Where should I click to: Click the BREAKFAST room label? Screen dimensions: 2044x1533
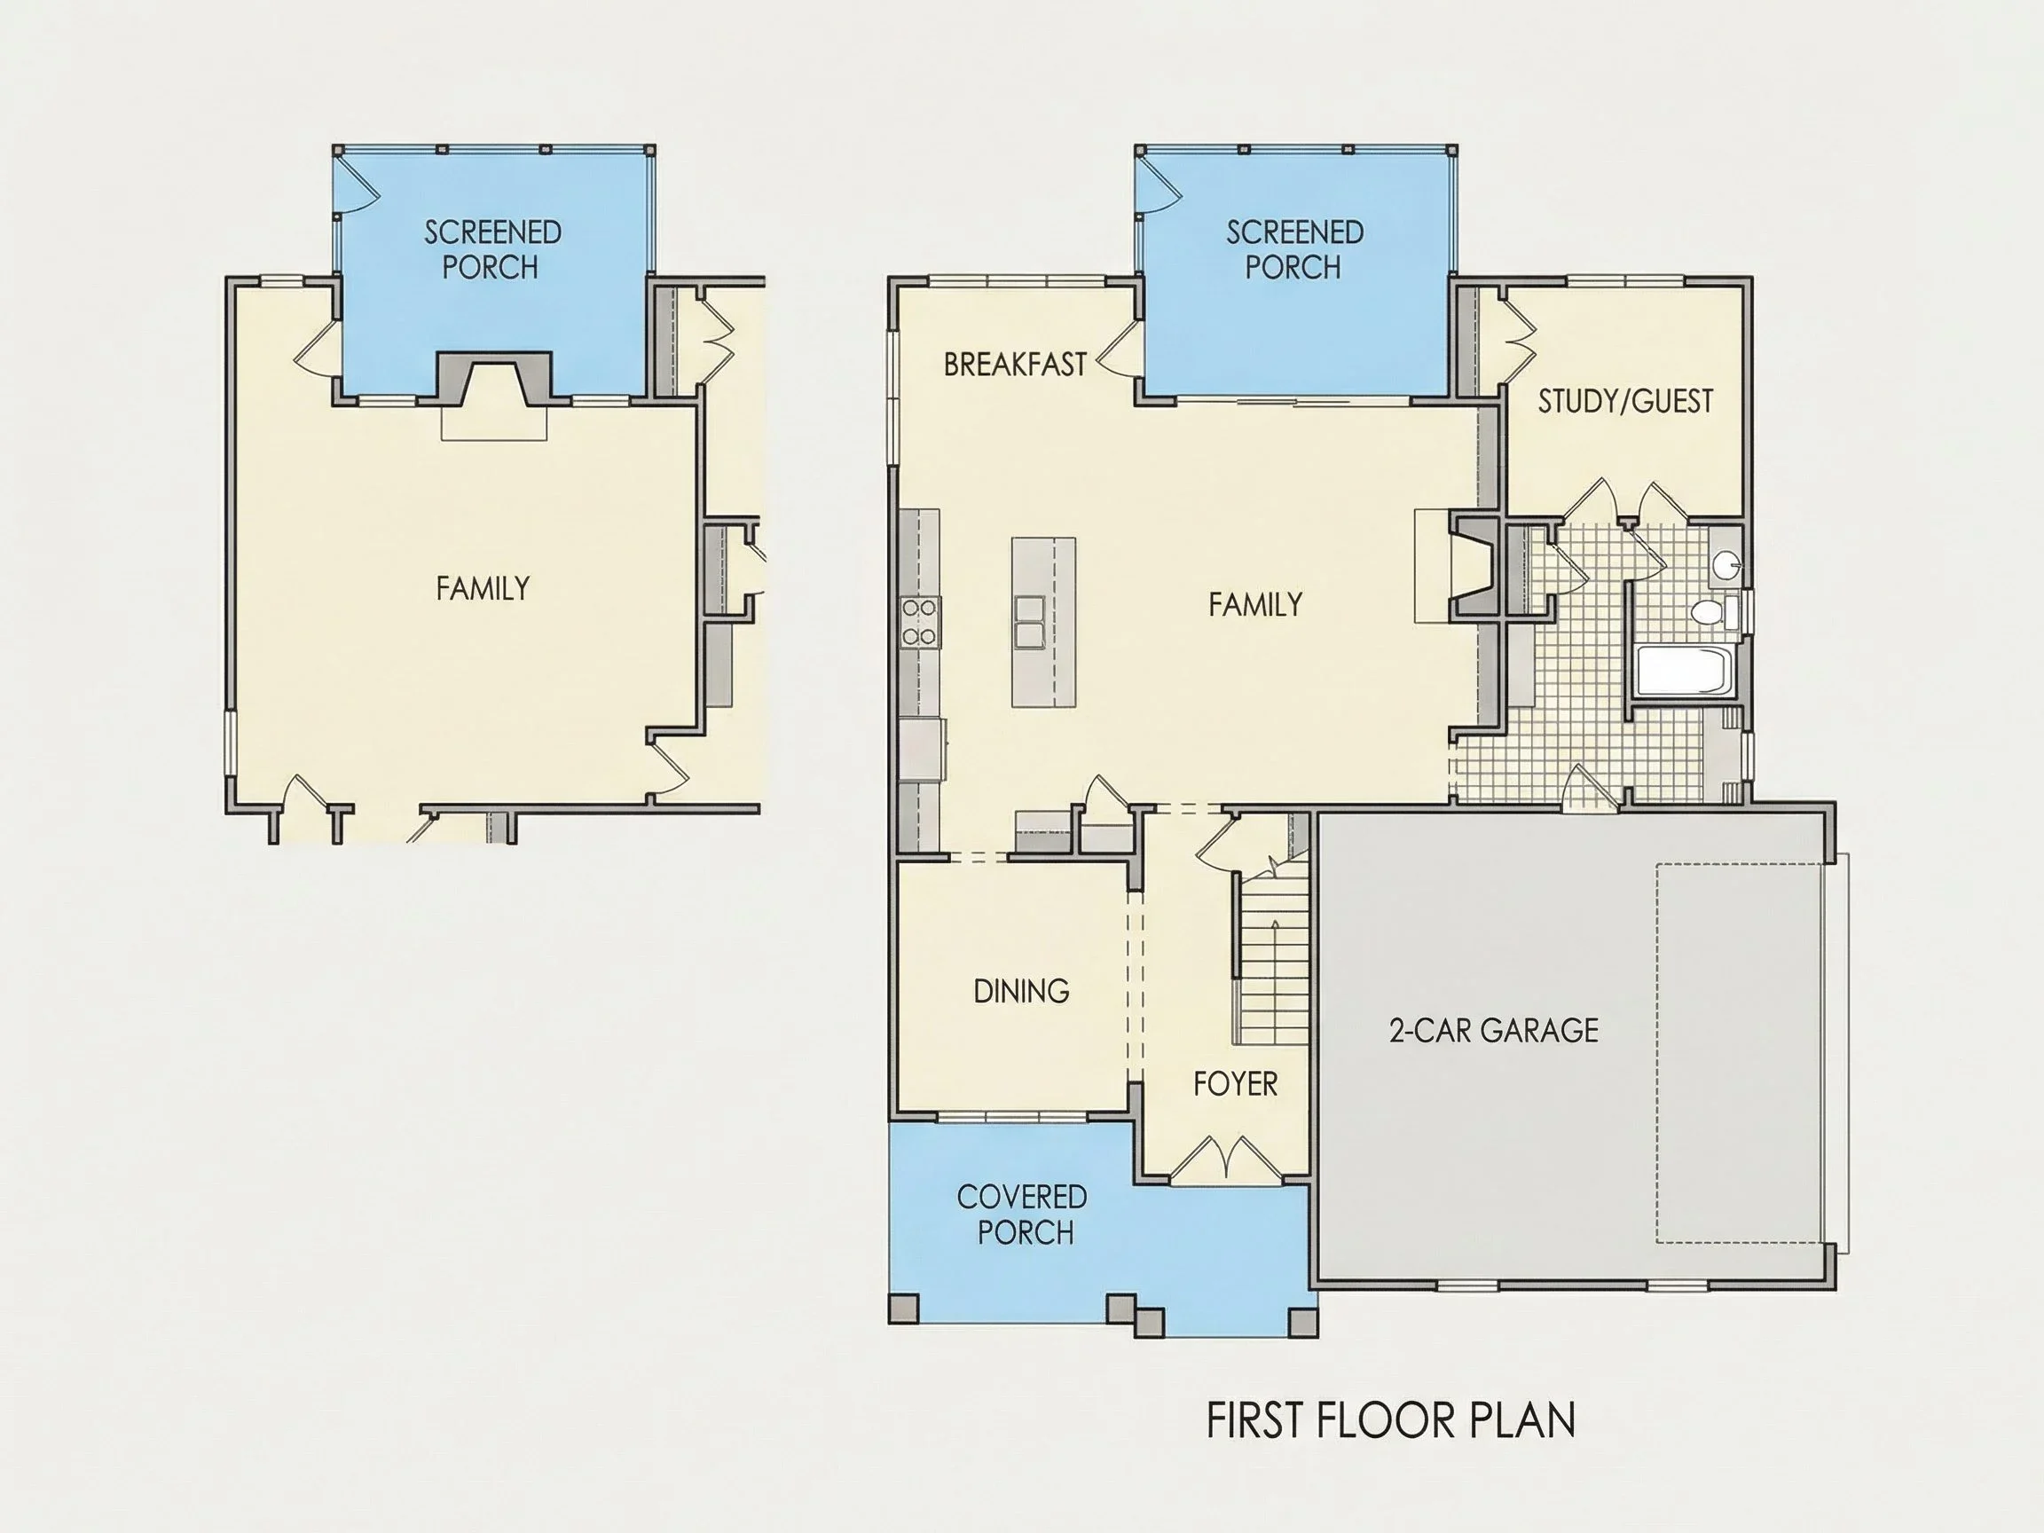click(x=1015, y=365)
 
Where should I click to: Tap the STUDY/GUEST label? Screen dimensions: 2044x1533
click(x=1624, y=401)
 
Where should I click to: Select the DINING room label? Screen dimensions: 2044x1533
click(x=1021, y=992)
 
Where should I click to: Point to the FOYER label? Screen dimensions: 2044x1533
click(x=1236, y=1084)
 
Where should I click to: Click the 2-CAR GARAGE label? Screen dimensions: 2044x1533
click(x=1493, y=1030)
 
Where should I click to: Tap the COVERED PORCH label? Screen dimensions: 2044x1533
click(x=1022, y=1215)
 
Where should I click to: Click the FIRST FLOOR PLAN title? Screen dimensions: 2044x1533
click(x=1391, y=1420)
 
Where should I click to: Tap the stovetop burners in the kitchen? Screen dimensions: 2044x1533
click(x=920, y=622)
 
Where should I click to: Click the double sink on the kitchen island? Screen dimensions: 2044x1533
click(x=1029, y=622)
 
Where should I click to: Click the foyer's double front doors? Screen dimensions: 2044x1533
click(x=1226, y=1160)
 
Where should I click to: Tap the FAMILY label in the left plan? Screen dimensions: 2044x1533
click(x=483, y=588)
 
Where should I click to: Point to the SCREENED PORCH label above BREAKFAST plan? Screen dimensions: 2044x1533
click(x=1293, y=249)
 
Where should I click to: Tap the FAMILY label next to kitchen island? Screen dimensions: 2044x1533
click(x=1254, y=605)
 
